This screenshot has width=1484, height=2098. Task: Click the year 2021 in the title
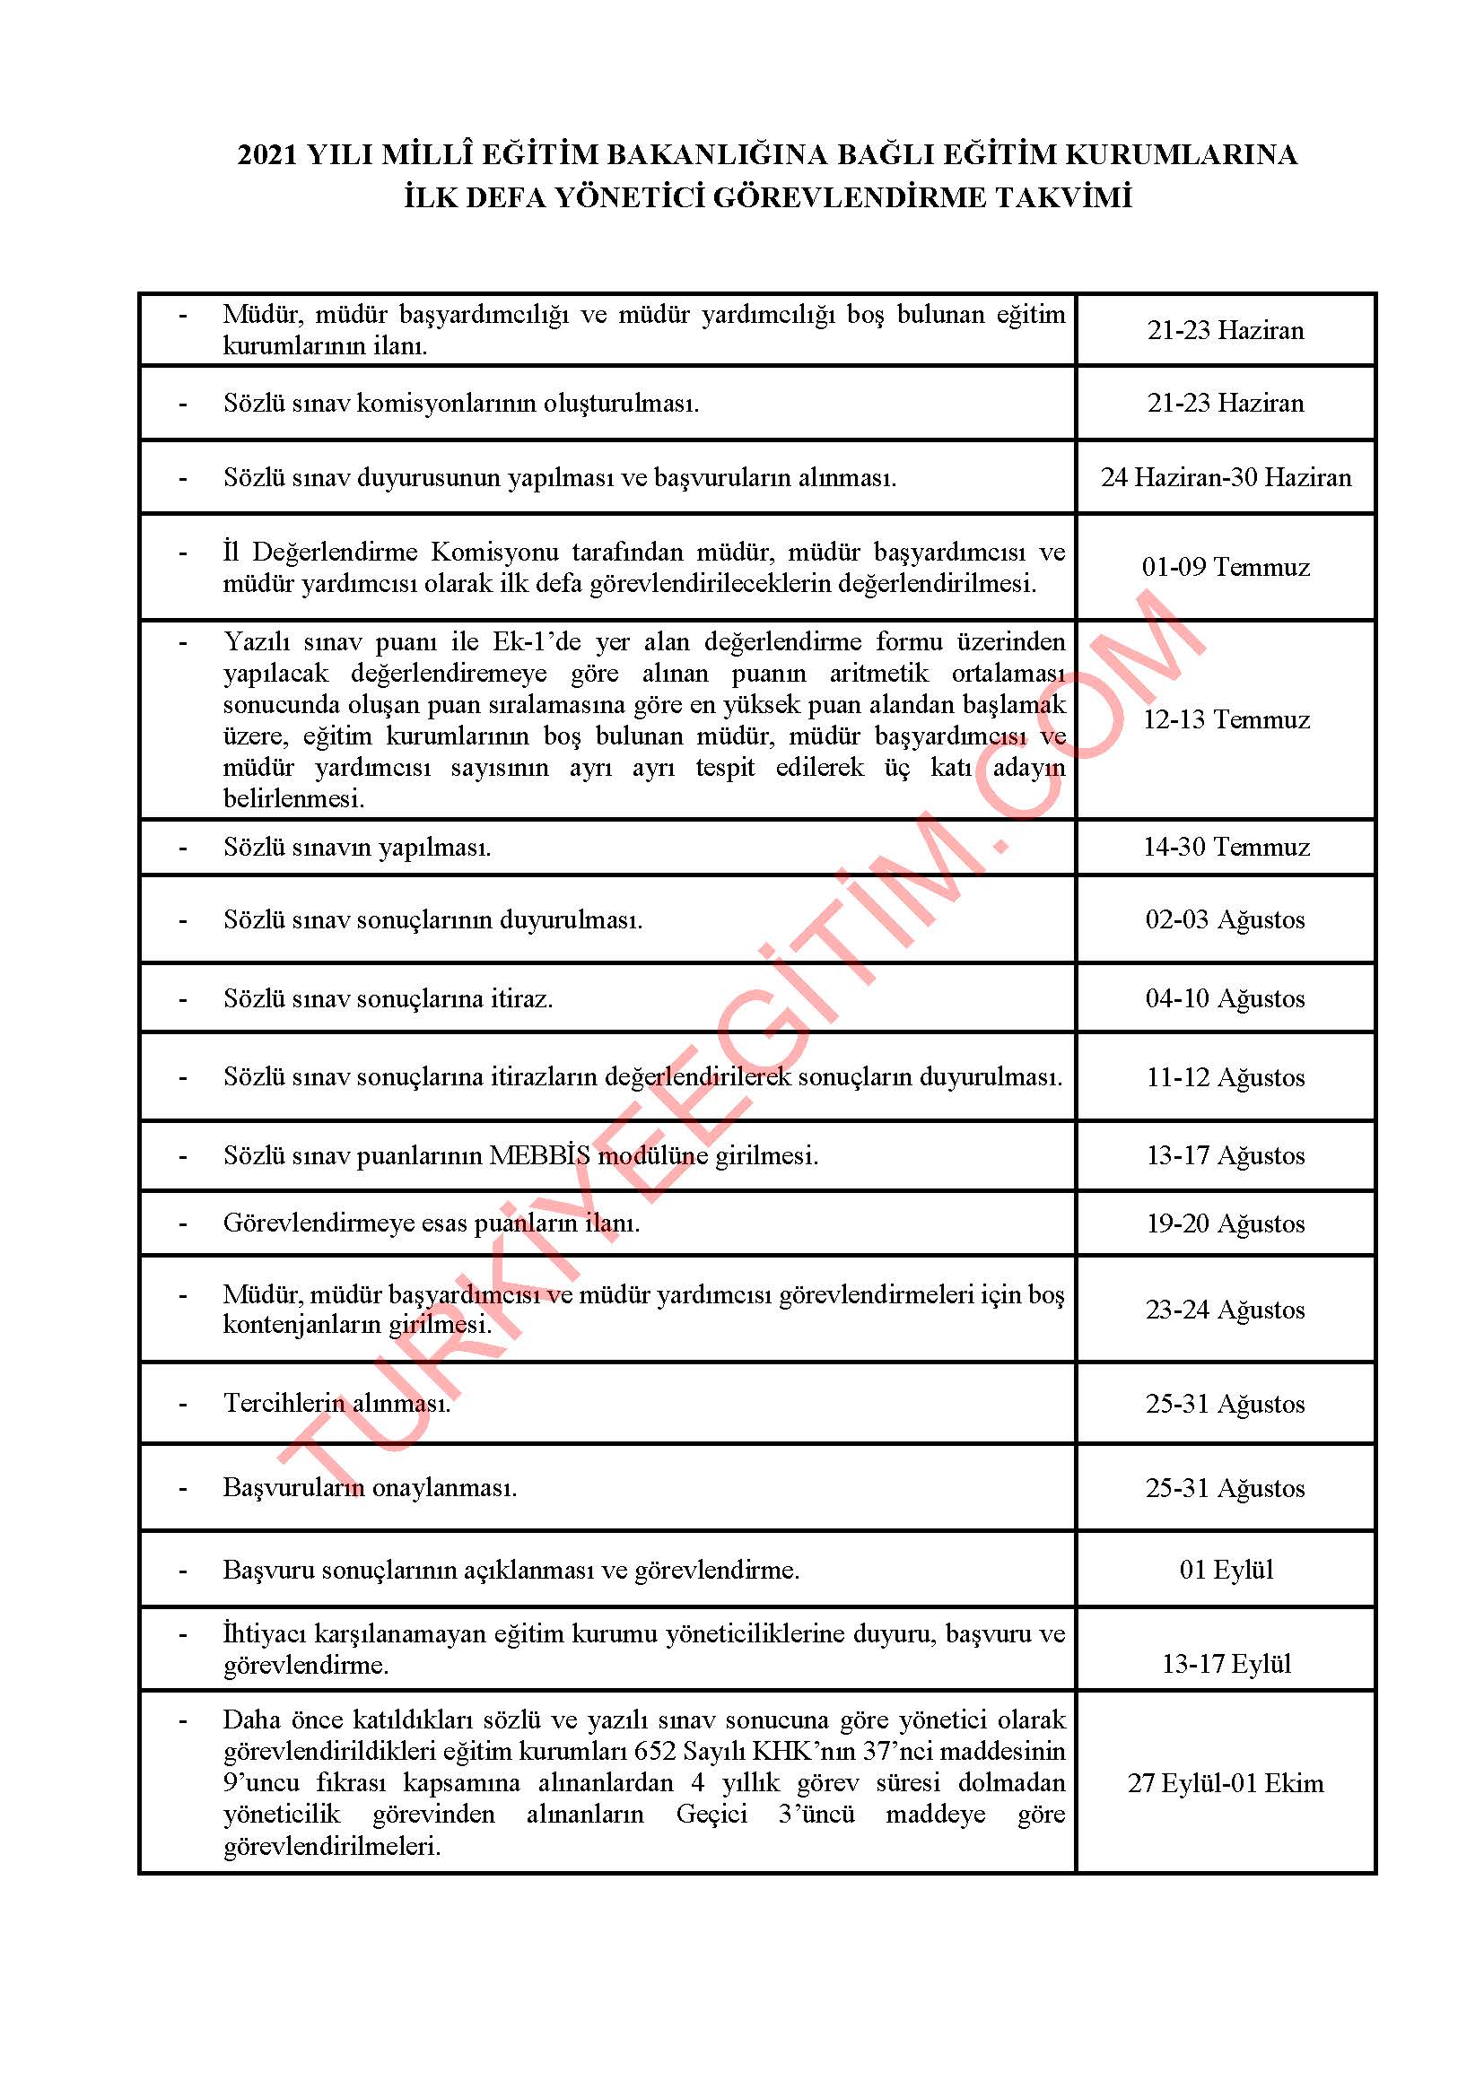tap(267, 155)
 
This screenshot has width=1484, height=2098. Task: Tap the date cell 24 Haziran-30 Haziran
tap(1226, 477)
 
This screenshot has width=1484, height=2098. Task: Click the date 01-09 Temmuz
tap(1226, 568)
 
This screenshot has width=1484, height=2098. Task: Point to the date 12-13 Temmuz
tap(1226, 720)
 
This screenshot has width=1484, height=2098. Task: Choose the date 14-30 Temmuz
tap(1226, 847)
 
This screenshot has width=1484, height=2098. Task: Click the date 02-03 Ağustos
tap(1226, 919)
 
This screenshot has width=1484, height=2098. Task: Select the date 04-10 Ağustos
tap(1226, 998)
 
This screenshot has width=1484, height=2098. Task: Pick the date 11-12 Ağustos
tap(1226, 1077)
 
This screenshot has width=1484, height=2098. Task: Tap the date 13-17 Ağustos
tap(1226, 1156)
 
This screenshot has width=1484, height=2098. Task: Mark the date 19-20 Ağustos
tap(1226, 1223)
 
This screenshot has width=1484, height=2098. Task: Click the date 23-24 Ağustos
tap(1226, 1310)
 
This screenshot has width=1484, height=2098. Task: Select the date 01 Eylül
tap(1226, 1570)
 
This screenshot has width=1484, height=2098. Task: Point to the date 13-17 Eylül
tap(1226, 1664)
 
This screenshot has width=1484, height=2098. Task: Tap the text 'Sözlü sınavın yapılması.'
tap(357, 848)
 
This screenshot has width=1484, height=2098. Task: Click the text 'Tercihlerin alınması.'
tap(337, 1403)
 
